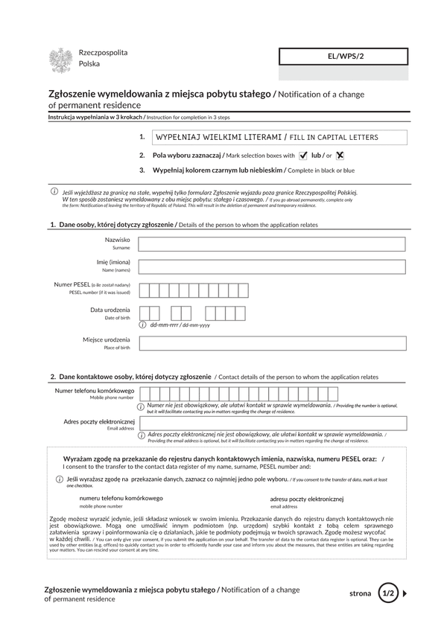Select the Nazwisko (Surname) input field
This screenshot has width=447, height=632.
(272, 244)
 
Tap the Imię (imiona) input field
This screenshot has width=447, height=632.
(272, 266)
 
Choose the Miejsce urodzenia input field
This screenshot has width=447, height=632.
(272, 343)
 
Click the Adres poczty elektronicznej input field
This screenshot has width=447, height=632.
(272, 424)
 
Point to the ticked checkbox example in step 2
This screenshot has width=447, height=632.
(302, 156)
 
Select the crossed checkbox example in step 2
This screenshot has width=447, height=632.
(340, 156)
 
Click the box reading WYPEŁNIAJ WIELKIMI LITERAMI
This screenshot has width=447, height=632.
(279, 137)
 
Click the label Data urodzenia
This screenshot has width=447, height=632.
(110, 310)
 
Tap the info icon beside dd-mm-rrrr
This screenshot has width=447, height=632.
(143, 325)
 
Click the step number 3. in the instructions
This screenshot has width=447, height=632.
(142, 170)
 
